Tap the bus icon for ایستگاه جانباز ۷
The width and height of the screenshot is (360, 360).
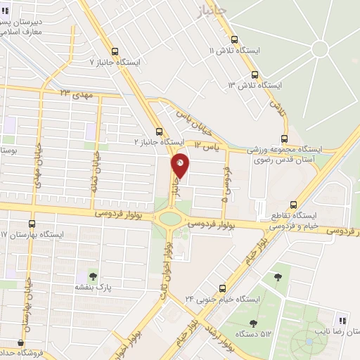click(x=116, y=51)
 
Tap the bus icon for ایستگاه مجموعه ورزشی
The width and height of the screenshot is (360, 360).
click(x=284, y=139)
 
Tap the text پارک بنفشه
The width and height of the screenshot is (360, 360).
click(x=94, y=287)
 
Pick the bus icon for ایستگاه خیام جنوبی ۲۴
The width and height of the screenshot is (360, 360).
click(x=223, y=288)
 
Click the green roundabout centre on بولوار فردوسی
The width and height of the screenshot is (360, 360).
click(x=170, y=218)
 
